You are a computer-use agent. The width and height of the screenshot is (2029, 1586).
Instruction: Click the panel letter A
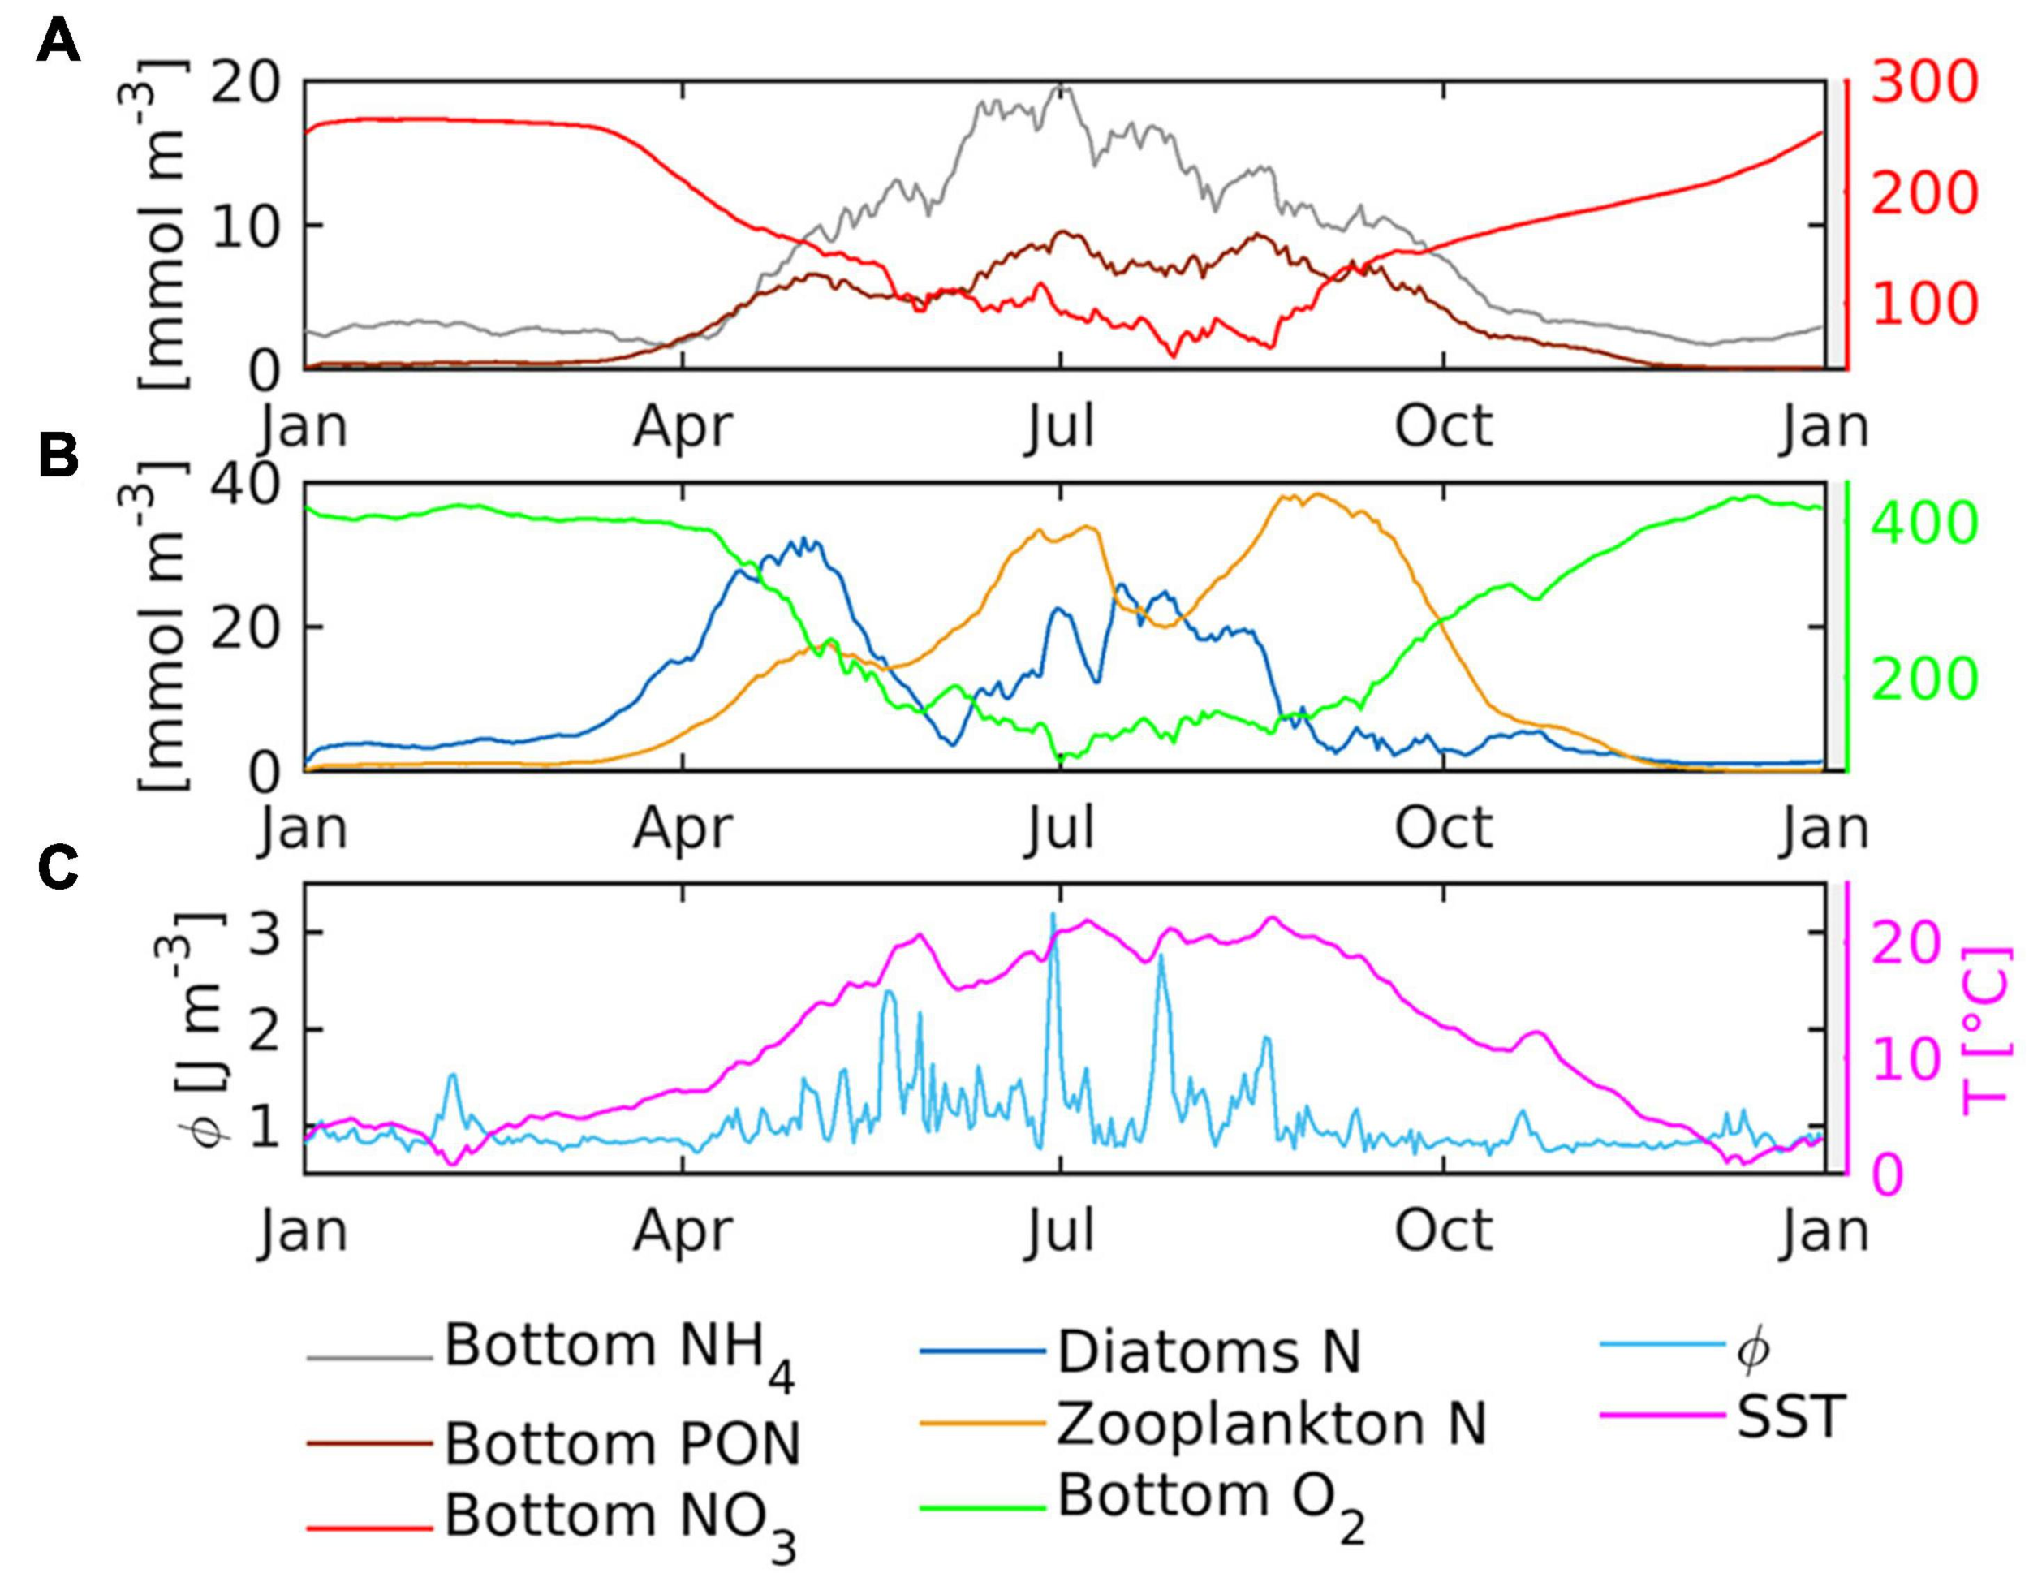pos(58,43)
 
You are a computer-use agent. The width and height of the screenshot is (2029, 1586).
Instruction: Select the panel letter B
pos(58,458)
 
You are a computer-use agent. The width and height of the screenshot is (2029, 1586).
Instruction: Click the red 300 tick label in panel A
pos(1923,84)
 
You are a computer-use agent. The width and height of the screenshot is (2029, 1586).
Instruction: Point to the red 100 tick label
pos(1923,304)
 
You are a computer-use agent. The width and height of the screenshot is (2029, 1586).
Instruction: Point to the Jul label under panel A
pos(1060,428)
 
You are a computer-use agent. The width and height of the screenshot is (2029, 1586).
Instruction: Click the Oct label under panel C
pos(1444,1231)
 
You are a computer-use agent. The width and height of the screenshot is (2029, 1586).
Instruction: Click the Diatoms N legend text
pos(1208,1353)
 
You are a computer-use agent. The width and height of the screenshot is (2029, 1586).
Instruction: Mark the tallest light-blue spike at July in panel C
pos(1053,916)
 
